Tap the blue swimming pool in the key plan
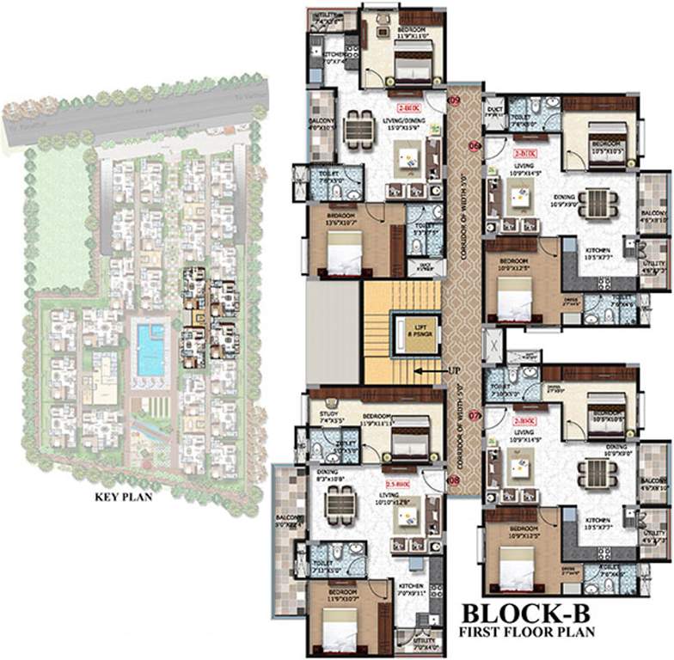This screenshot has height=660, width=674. (150, 349)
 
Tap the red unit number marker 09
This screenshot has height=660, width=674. (455, 101)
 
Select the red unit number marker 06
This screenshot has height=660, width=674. (474, 145)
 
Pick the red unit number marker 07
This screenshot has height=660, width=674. (474, 416)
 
